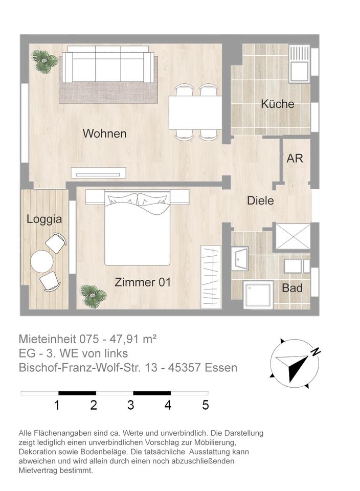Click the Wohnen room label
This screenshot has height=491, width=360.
point(104,133)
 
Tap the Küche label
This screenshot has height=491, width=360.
point(278,104)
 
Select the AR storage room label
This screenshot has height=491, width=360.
point(295,159)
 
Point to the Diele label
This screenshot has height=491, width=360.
point(260,200)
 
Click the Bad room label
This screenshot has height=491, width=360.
point(292,288)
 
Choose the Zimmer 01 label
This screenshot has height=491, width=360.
point(143,282)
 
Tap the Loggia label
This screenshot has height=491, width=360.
point(44,219)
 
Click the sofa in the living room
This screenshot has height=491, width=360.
point(108,64)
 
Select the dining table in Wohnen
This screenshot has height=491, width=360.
point(195,113)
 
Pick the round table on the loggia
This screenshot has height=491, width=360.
point(42,261)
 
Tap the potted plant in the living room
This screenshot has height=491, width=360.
point(45,61)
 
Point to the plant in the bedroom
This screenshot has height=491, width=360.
point(93,296)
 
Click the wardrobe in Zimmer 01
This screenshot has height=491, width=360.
point(211,277)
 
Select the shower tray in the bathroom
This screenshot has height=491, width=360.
point(258,295)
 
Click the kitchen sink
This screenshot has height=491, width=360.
point(299,72)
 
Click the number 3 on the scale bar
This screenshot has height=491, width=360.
point(130,405)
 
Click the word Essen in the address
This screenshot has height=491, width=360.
point(221,367)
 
